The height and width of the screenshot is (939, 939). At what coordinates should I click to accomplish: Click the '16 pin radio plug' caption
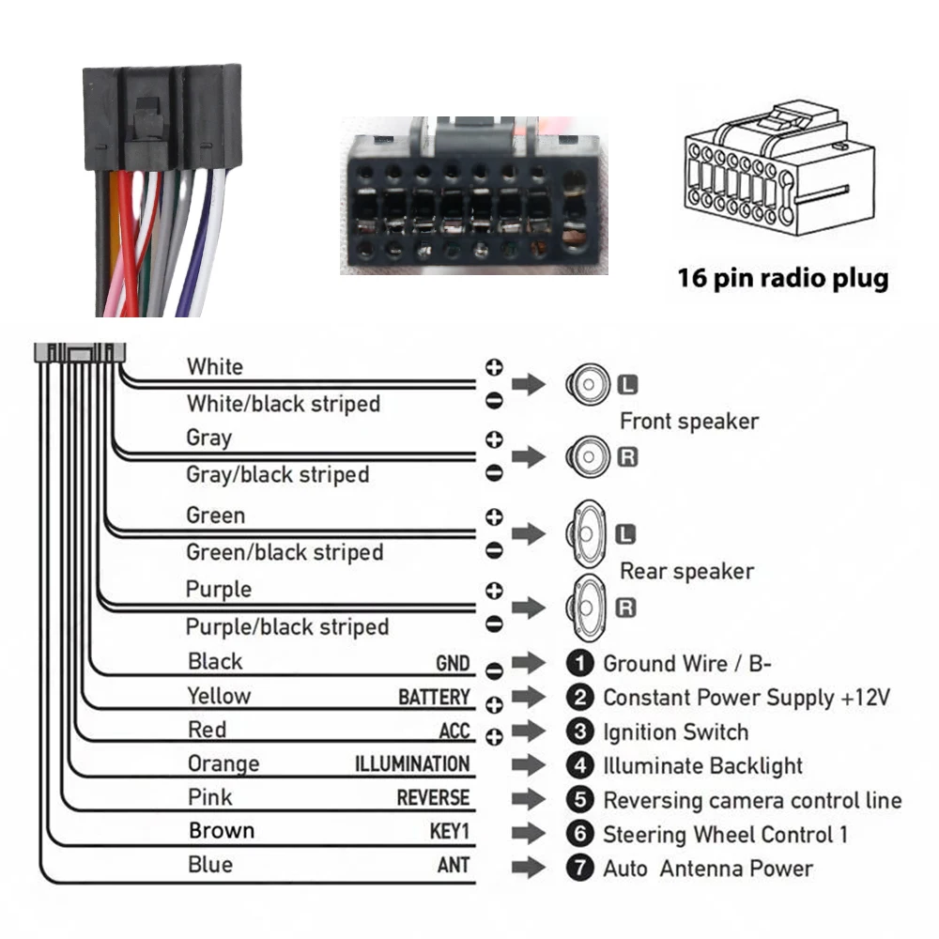click(x=782, y=278)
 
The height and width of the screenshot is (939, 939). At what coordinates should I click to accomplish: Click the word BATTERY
click(x=433, y=697)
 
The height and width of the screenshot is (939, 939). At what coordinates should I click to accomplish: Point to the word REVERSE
click(x=432, y=797)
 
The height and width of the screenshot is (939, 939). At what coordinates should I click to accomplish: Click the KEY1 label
click(x=448, y=831)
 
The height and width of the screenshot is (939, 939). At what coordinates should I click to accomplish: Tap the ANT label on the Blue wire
click(x=453, y=865)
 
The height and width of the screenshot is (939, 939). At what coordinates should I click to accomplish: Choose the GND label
click(x=452, y=663)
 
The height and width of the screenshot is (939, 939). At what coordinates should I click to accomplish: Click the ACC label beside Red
click(x=454, y=731)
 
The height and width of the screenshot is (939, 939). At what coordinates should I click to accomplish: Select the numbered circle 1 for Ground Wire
click(x=581, y=664)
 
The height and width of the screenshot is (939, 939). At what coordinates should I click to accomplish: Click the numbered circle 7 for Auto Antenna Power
click(x=581, y=868)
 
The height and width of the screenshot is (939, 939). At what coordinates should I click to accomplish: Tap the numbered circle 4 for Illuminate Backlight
click(x=581, y=766)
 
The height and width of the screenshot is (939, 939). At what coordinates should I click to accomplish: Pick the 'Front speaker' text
click(x=688, y=422)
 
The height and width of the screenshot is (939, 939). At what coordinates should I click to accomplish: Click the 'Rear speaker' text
click(x=686, y=571)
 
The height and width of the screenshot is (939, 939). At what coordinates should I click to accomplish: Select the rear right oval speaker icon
click(x=588, y=608)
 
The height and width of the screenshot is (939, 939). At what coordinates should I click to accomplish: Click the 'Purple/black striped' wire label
click(x=286, y=626)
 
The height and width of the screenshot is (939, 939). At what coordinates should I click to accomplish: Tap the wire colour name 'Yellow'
click(x=219, y=696)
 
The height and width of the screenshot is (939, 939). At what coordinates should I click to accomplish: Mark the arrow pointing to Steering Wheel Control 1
click(x=529, y=833)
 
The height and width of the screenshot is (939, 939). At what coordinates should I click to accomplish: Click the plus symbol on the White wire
click(x=494, y=366)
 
